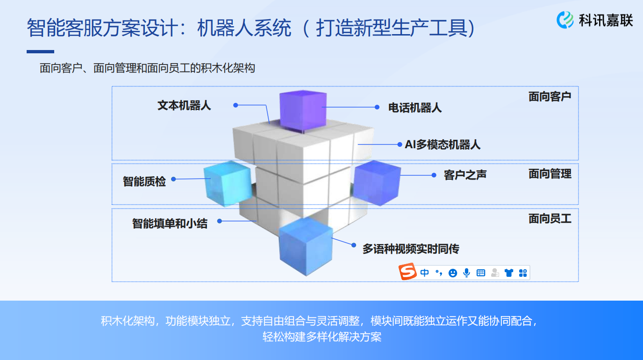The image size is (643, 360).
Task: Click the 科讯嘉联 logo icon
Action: [x=564, y=20]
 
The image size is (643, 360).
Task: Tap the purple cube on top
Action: [x=303, y=111]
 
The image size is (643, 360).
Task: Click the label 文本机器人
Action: [x=184, y=106]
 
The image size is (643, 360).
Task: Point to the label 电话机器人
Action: [x=415, y=108]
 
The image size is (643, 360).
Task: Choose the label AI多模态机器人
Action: [x=443, y=144]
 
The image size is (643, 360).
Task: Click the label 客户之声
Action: [x=465, y=175]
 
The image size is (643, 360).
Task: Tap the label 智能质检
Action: [x=144, y=181]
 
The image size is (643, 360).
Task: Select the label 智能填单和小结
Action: [x=170, y=223]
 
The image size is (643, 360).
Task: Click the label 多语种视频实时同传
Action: [x=411, y=249]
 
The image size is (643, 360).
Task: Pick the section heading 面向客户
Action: [x=550, y=96]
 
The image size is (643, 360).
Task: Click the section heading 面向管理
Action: [x=550, y=174]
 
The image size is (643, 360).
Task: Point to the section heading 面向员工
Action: [x=550, y=219]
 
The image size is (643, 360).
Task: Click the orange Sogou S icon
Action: [x=407, y=271]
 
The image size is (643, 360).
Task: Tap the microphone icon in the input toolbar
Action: [x=467, y=273]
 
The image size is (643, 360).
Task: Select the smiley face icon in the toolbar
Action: [x=453, y=273]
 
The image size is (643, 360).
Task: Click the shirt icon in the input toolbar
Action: [x=509, y=273]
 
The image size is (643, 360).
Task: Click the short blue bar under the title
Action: [x=41, y=52]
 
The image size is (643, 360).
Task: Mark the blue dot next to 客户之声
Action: [x=434, y=175]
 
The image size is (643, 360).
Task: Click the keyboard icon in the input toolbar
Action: [x=481, y=273]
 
